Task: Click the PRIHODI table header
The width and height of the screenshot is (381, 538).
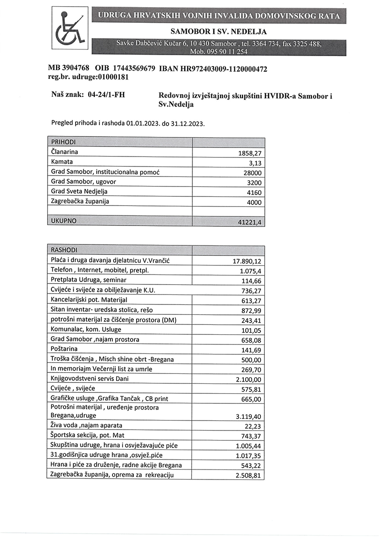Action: pyautogui.click(x=63, y=142)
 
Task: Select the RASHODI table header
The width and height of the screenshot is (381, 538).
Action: pyautogui.click(x=64, y=250)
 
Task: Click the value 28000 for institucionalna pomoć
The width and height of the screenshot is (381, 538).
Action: pyautogui.click(x=252, y=173)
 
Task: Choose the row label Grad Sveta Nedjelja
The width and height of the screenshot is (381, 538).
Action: pyautogui.click(x=80, y=192)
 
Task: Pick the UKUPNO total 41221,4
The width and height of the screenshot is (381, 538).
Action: pyautogui.click(x=251, y=222)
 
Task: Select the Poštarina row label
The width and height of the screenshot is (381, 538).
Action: pyautogui.click(x=64, y=349)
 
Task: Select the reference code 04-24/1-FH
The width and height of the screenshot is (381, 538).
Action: pyautogui.click(x=107, y=95)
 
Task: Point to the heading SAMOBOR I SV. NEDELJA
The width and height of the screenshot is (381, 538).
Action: pyautogui.click(x=218, y=32)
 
